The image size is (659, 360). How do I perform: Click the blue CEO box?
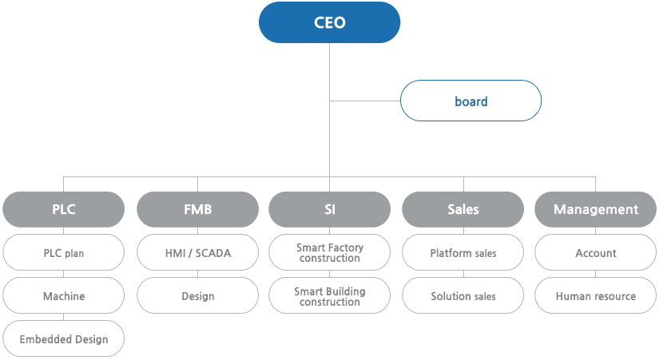click(329, 22)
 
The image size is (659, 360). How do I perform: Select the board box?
click(470, 101)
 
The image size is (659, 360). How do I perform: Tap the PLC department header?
click(63, 209)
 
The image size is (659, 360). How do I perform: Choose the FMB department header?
click(197, 209)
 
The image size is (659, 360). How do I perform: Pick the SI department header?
click(329, 209)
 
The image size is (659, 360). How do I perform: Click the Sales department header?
click(463, 209)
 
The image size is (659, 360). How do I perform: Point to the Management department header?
click(596, 209)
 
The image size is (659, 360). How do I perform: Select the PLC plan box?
click(63, 252)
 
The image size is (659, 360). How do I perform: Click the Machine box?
click(63, 295)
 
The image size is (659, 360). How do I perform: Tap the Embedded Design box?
click(63, 338)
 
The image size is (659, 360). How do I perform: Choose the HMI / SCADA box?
click(197, 252)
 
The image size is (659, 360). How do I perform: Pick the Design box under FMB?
click(197, 295)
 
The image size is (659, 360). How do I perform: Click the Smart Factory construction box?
click(329, 252)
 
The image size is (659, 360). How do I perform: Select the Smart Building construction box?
click(329, 295)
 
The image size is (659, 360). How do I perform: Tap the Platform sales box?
click(463, 252)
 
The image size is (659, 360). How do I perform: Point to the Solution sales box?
click(463, 295)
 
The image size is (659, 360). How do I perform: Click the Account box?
click(596, 252)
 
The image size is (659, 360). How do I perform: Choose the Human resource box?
click(596, 295)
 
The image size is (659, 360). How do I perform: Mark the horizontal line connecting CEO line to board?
click(365, 101)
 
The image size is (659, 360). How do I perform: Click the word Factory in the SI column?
click(345, 247)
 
